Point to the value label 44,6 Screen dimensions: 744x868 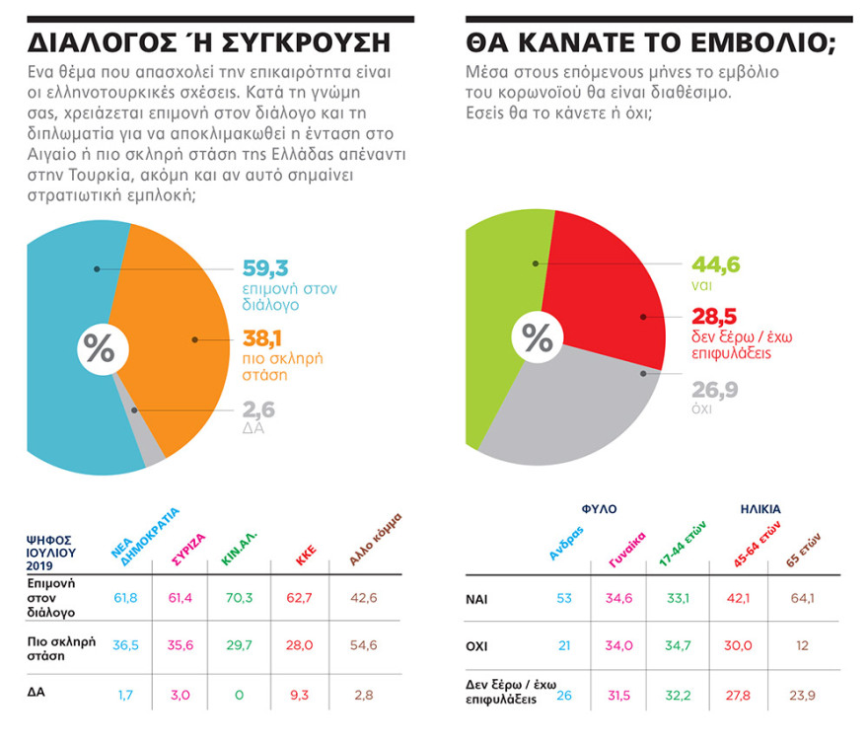point(715,263)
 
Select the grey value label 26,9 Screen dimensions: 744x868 point(713,390)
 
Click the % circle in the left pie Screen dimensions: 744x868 point(98,348)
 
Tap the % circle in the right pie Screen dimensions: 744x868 point(537,338)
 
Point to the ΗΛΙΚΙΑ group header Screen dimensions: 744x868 point(759,509)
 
